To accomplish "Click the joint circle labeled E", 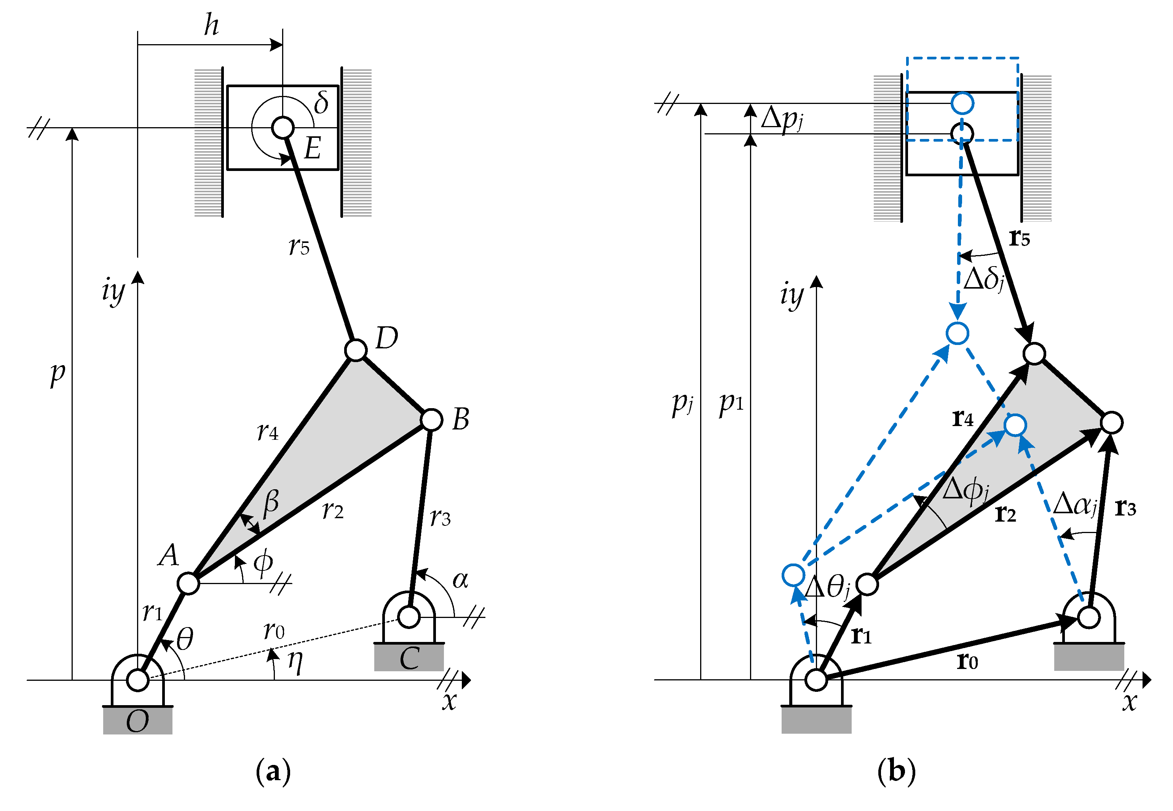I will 282,127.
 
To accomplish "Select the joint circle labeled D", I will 356,350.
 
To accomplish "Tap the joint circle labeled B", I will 431,420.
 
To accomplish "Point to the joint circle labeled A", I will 188,583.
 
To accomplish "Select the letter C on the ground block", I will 409,659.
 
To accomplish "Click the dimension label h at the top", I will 211,26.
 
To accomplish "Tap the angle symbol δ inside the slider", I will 321,102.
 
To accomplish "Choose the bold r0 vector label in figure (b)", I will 967,661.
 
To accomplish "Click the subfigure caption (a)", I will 273,771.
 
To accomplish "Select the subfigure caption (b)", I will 896,771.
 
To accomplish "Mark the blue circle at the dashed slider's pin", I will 962,103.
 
